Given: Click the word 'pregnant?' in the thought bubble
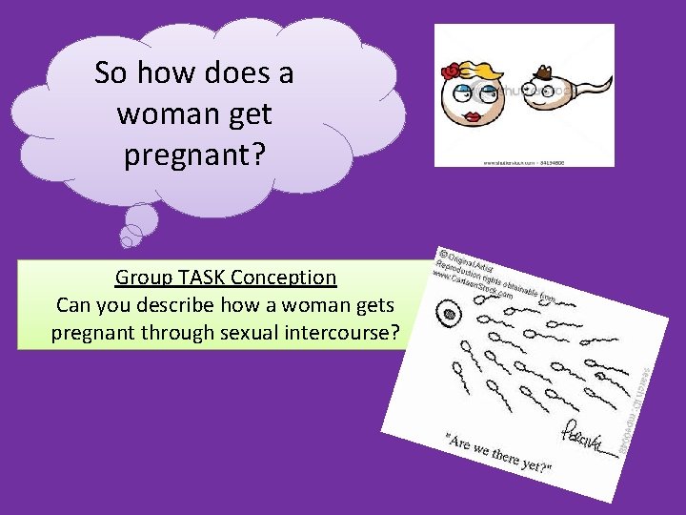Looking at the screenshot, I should pyautogui.click(x=193, y=154).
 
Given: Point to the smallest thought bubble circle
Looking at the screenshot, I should pyautogui.click(x=127, y=239).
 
